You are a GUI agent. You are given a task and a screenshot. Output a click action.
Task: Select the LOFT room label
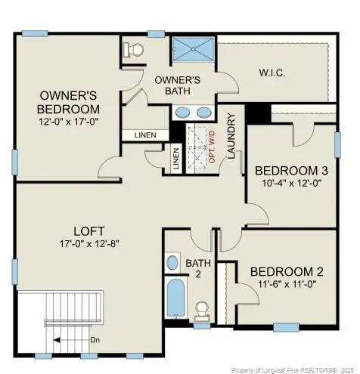pos(88,230)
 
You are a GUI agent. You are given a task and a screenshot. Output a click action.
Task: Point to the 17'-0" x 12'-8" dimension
pos(88,243)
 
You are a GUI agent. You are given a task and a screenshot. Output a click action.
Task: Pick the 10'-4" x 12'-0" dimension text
pos(291,182)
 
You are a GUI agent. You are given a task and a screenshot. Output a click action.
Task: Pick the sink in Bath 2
pos(171,264)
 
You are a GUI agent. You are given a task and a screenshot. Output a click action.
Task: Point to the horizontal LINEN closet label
pos(145,134)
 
